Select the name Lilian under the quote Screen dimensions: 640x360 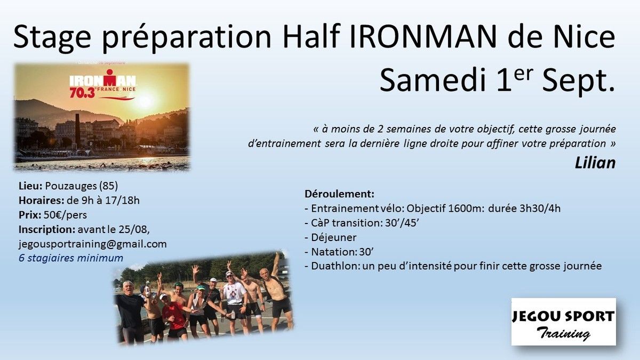pyautogui.click(x=595, y=163)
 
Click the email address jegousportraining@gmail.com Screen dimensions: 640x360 pyautogui.click(x=93, y=244)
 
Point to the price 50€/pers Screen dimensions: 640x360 pyautogui.click(x=65, y=215)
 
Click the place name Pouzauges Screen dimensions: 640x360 pyautogui.click(x=71, y=186)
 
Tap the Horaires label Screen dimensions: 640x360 pyautogui.click(x=42, y=201)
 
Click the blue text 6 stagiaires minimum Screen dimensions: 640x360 pyautogui.click(x=71, y=258)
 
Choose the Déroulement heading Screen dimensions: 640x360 pyautogui.click(x=339, y=194)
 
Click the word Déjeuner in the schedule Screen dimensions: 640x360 pyautogui.click(x=334, y=237)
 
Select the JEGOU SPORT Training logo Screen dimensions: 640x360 pyautogui.click(x=563, y=322)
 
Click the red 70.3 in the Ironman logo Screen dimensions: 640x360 pyautogui.click(x=82, y=93)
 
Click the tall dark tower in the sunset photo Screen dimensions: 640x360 pyautogui.click(x=77, y=131)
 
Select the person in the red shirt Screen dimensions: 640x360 pyautogui.click(x=173, y=317)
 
